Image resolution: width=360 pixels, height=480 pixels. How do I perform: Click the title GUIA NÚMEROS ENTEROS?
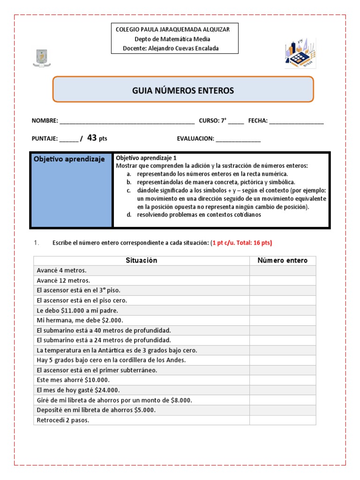point(183,90)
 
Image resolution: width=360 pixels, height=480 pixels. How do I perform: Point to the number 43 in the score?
point(92,138)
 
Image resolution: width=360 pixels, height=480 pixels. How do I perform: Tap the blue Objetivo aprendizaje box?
point(71,190)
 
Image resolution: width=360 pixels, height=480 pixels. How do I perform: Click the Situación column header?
point(142,260)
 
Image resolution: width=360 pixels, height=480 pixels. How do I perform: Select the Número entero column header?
point(283,260)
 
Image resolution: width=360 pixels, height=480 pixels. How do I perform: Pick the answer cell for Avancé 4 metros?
point(283,270)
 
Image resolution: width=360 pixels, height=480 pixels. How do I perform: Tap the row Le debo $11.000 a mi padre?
point(77,310)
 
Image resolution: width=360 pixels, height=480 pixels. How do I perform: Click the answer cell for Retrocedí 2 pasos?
point(283,420)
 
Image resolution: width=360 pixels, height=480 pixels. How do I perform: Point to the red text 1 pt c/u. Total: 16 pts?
point(241,242)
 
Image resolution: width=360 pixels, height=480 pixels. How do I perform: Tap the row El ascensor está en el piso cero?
point(82,300)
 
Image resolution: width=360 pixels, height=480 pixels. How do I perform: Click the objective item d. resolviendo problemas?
point(198,215)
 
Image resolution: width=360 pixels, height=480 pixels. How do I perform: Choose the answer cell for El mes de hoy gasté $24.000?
point(283,390)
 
